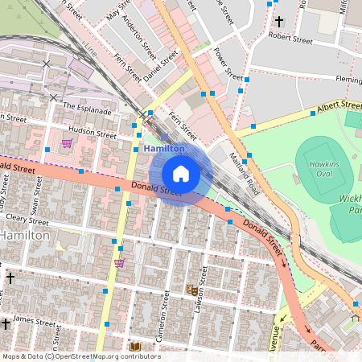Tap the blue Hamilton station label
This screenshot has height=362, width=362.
tap(164, 149)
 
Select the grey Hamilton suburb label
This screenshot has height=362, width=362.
tap(25, 235)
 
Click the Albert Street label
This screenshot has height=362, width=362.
tap(339, 106)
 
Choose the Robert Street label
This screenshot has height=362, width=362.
tap(290, 36)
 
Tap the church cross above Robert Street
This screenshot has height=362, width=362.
tap(279, 21)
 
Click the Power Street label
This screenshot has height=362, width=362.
tap(228, 64)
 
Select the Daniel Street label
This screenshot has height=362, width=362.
tap(161, 68)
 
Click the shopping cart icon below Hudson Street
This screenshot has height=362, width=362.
tap(67, 143)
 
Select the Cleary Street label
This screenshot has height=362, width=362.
tap(27, 218)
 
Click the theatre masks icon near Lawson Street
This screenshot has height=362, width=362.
tap(192, 289)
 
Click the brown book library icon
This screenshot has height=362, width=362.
tap(135, 347)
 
